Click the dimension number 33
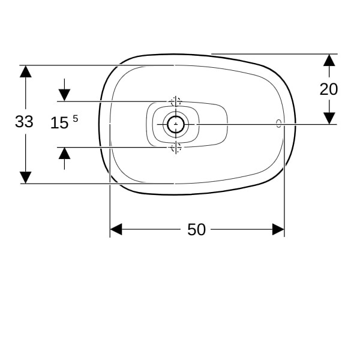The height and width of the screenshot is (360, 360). pos(24,121)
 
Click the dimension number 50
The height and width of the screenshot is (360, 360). pos(197,229)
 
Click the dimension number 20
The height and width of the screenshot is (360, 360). pos(329,89)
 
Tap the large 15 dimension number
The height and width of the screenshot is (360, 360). pos(59,123)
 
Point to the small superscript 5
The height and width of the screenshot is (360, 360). pos(76,119)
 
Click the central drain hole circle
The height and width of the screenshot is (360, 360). pos(176,124)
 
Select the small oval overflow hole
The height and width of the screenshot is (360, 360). pos(279,124)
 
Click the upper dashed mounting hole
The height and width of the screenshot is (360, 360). pos(176,101)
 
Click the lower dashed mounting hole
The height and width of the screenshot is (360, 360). pos(176,147)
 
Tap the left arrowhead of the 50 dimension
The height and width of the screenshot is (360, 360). pos(116,229)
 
